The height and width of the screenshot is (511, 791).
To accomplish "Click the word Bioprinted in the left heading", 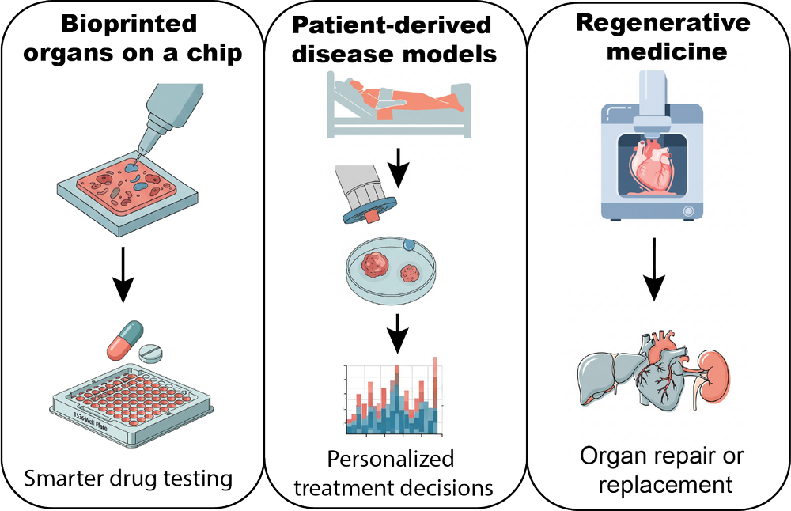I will click(x=128, y=23).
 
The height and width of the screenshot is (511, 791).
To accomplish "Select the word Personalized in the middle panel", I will click(x=392, y=459).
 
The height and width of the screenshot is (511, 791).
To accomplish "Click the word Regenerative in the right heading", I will click(x=663, y=24).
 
